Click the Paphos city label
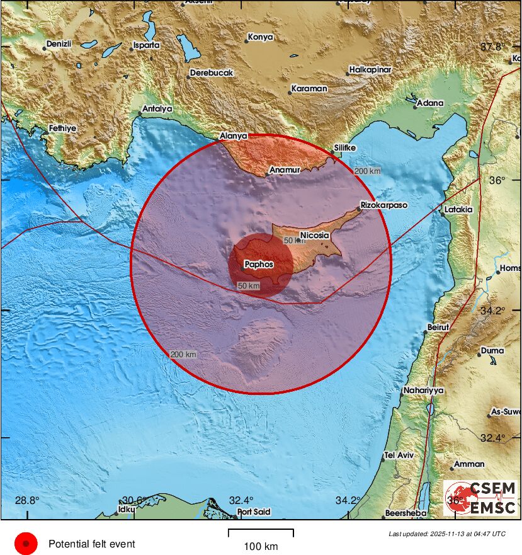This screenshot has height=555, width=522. [259, 265]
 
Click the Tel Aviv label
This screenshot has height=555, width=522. [398, 455]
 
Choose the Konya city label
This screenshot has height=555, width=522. [260, 37]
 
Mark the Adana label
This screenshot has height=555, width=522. [430, 103]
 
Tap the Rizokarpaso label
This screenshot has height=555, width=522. [384, 205]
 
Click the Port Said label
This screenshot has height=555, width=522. [254, 512]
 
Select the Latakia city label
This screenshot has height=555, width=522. [458, 209]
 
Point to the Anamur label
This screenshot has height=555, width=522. [284, 170]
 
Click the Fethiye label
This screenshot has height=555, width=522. [62, 129]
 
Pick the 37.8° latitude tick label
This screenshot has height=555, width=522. [492, 47]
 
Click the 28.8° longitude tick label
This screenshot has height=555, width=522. [26, 501]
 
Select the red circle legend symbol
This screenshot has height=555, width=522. [26, 544]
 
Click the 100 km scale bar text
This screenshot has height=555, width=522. [261, 546]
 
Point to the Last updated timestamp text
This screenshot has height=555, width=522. [446, 534]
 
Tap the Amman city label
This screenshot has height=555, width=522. [469, 464]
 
